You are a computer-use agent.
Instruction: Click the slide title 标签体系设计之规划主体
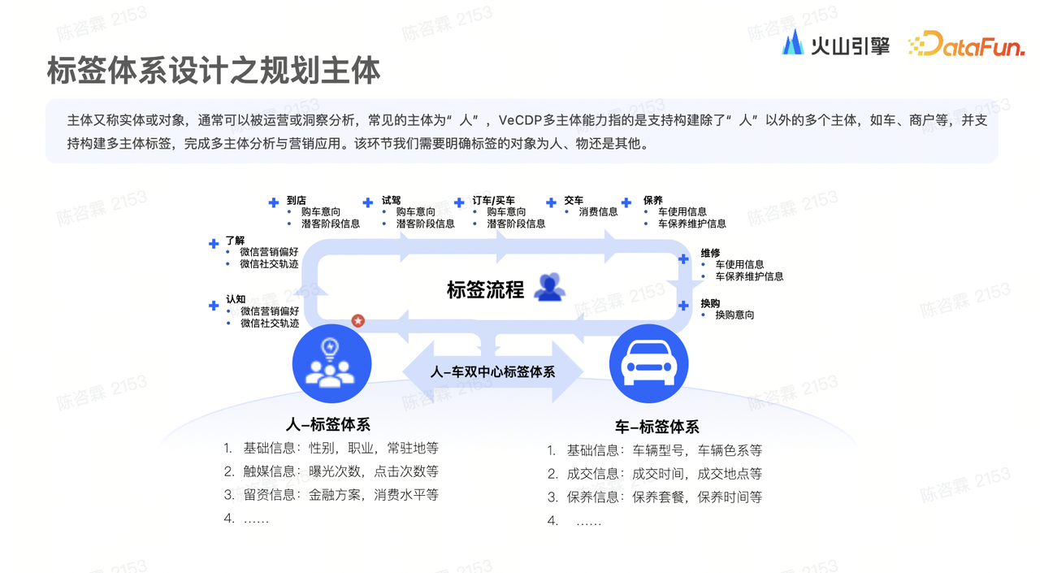coord(214,71)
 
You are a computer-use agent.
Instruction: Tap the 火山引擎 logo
coord(835,45)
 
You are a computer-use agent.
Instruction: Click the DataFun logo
coord(966,45)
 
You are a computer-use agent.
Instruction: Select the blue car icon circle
coord(648,364)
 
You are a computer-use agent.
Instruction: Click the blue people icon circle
coord(331,364)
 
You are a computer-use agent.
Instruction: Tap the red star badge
coord(357,320)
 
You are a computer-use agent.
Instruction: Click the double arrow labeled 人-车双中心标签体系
coord(492,371)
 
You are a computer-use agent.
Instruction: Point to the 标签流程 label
coord(485,289)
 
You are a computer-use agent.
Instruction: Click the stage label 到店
coord(297,200)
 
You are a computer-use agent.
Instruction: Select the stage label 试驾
coord(392,200)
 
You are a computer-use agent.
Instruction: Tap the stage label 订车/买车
coord(493,200)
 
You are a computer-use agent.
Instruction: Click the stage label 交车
coord(574,200)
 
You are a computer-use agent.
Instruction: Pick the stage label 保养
coord(652,200)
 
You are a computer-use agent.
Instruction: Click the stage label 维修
coord(710,253)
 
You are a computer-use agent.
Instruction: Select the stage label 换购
coord(710,303)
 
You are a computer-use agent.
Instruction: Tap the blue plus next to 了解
coord(214,243)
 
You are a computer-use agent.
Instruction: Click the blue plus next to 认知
coord(214,306)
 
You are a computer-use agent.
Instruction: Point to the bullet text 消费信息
coord(598,212)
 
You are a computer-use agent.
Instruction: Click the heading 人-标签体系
coord(328,424)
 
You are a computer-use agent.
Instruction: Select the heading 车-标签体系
coord(657,427)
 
